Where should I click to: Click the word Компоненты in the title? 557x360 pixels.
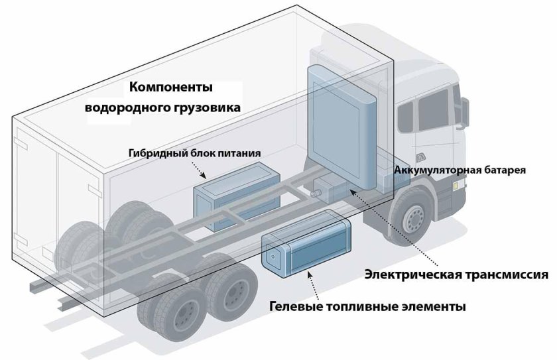(x=171, y=87)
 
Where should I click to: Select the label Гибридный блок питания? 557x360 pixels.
(x=194, y=153)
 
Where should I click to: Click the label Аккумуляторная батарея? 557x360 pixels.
(x=460, y=170)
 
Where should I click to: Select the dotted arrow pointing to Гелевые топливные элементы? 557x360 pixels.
(x=312, y=285)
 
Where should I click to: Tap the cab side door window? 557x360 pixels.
(x=406, y=116)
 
